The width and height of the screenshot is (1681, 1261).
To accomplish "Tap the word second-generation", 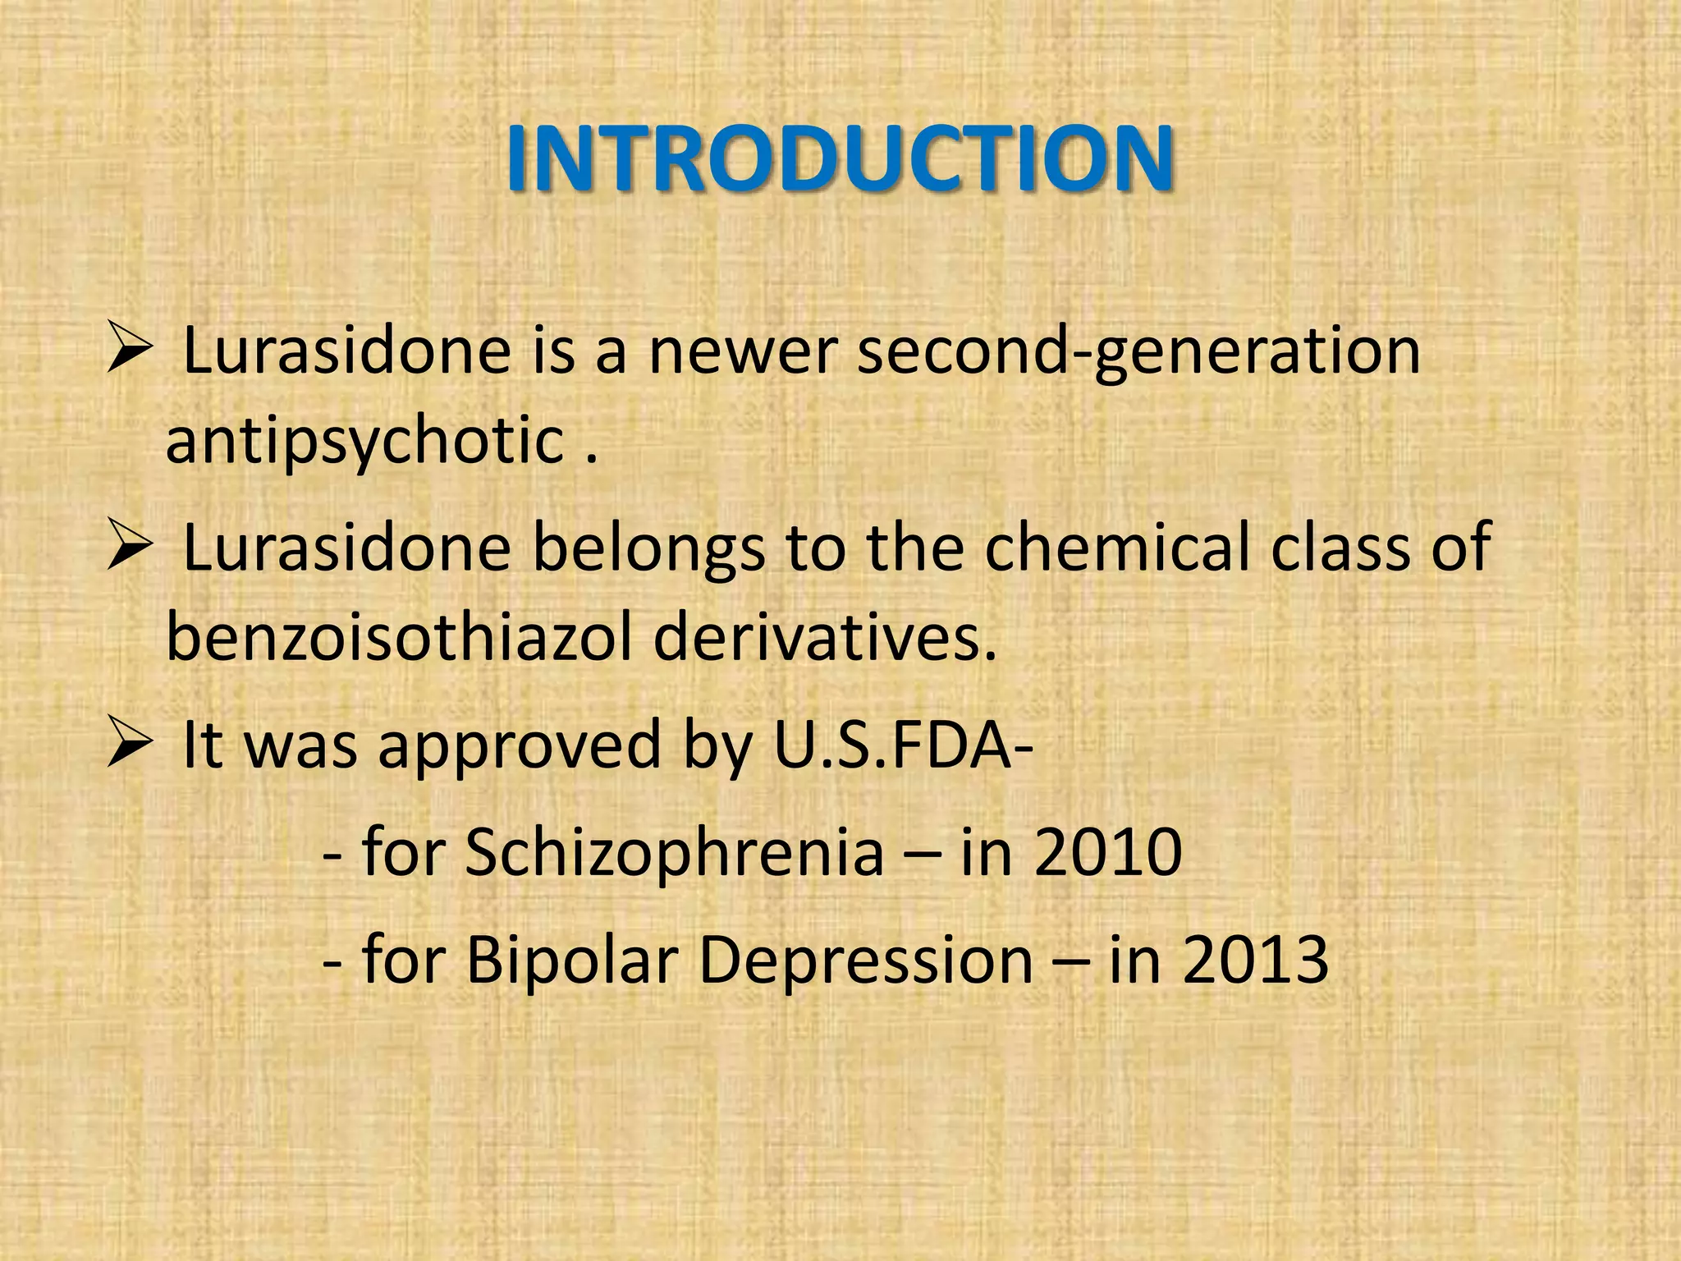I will (1138, 351).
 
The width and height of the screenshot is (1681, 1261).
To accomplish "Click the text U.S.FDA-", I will (902, 745).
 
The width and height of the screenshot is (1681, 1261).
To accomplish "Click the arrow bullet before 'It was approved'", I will (130, 745).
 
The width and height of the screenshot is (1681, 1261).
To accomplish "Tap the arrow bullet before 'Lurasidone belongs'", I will (130, 548).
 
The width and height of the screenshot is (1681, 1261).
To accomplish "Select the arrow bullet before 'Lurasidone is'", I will (130, 351).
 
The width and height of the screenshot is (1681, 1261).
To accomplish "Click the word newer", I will (742, 351).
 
